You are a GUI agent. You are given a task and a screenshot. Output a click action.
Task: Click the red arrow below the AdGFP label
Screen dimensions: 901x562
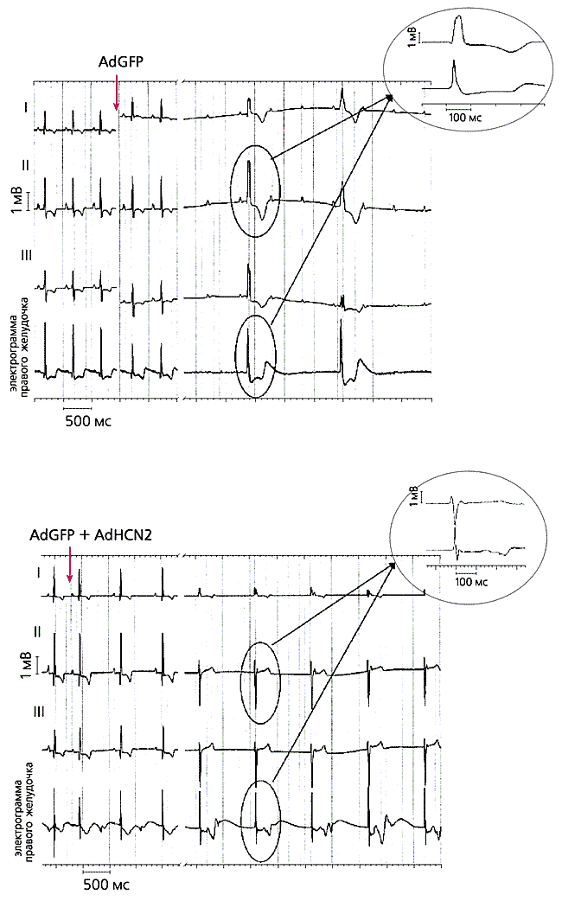(x=117, y=92)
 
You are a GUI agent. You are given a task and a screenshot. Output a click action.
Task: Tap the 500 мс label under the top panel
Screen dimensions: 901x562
(x=89, y=421)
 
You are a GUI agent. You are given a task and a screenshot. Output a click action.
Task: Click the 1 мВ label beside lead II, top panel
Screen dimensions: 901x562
(x=16, y=197)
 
